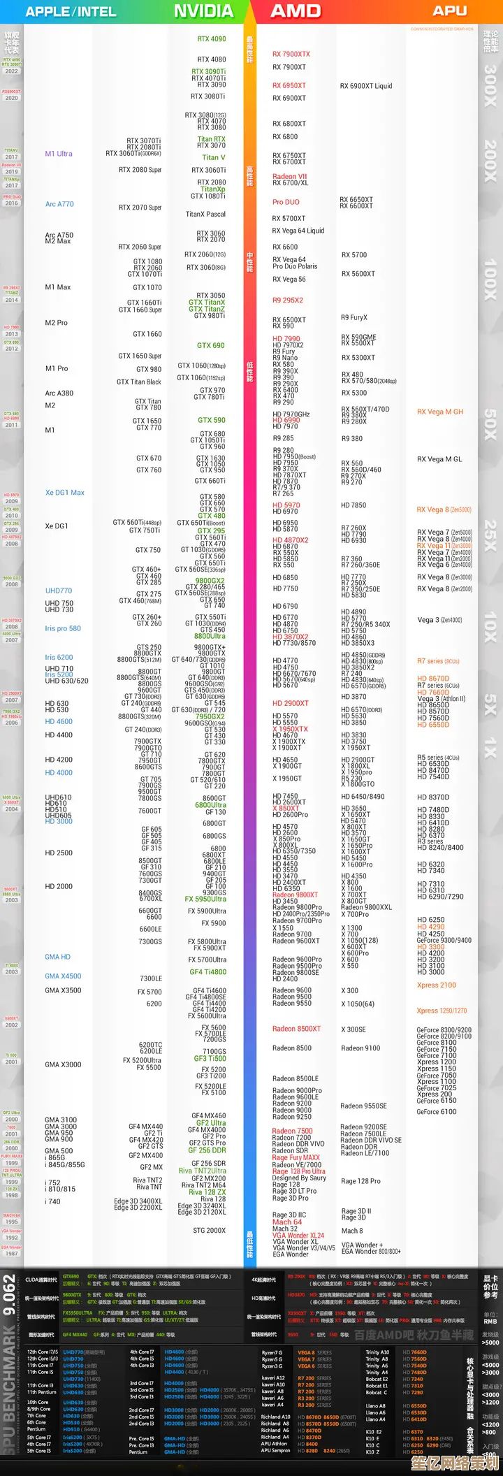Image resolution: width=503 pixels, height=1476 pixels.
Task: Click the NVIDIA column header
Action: point(203,11)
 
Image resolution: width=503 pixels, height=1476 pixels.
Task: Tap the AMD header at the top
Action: point(296,11)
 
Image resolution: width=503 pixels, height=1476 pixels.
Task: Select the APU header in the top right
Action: point(449,10)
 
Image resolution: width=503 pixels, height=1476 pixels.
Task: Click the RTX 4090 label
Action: point(212,39)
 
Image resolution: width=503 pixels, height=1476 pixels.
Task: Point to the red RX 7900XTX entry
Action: point(291,54)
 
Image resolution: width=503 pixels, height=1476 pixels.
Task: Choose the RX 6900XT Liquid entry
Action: point(366,86)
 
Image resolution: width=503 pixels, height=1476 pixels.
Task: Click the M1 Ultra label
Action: point(59,154)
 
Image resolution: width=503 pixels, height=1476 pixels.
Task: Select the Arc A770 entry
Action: point(59,204)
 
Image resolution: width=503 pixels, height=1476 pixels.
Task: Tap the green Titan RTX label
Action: point(211,139)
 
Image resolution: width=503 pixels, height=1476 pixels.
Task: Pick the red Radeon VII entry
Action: point(289,177)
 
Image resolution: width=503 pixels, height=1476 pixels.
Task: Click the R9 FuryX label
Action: point(354,317)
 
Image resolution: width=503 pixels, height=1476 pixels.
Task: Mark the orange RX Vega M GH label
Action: point(440,412)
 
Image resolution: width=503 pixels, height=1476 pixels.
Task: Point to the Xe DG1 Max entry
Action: point(65,493)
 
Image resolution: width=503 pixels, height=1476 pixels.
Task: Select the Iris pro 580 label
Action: point(63,628)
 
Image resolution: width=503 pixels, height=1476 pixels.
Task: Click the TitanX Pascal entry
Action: point(205,214)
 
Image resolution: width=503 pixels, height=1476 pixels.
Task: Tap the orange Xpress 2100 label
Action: point(437,985)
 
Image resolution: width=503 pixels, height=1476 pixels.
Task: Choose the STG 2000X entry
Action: point(209,1230)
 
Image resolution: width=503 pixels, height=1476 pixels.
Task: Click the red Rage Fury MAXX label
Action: point(296,1157)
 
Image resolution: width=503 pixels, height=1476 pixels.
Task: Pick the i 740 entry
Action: point(53,1201)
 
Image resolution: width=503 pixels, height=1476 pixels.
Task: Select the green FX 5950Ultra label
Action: point(205,899)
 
